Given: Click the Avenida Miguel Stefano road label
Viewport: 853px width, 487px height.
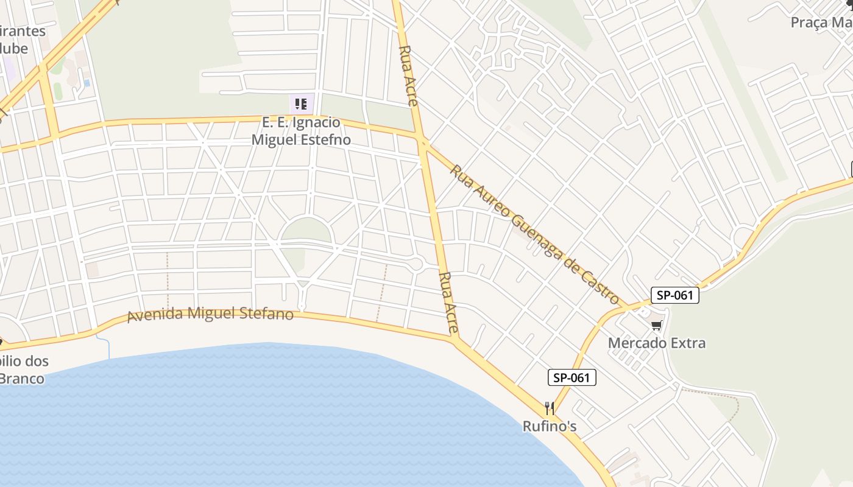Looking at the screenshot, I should point(210,315).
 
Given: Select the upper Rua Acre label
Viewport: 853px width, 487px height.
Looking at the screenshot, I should point(408,75).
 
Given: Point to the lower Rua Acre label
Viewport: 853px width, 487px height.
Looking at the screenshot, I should point(448,303).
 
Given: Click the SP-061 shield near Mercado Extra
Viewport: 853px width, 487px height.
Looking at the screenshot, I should point(674,295).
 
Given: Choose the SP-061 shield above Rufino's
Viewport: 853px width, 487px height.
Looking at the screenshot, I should point(572,377).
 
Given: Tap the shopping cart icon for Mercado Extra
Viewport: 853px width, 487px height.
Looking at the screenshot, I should point(656,325).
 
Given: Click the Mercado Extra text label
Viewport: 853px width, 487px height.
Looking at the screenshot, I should point(657,343).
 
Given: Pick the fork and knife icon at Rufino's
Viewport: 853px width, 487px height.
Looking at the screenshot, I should point(550,408).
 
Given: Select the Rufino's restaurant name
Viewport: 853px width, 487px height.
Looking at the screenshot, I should point(550,426).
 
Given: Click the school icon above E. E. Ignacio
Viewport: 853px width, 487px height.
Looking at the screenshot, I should point(301,104).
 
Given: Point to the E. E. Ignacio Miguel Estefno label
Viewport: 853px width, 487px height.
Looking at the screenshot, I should point(301,131).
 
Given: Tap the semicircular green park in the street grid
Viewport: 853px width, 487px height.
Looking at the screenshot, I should point(306,231).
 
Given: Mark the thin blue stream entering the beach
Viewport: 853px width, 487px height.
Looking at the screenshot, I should point(108,347).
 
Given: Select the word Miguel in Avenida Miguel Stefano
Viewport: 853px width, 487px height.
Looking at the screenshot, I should point(210,314).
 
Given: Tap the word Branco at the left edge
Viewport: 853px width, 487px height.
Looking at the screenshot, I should point(22,379).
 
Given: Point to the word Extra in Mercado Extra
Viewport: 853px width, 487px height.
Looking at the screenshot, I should point(686,343).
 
